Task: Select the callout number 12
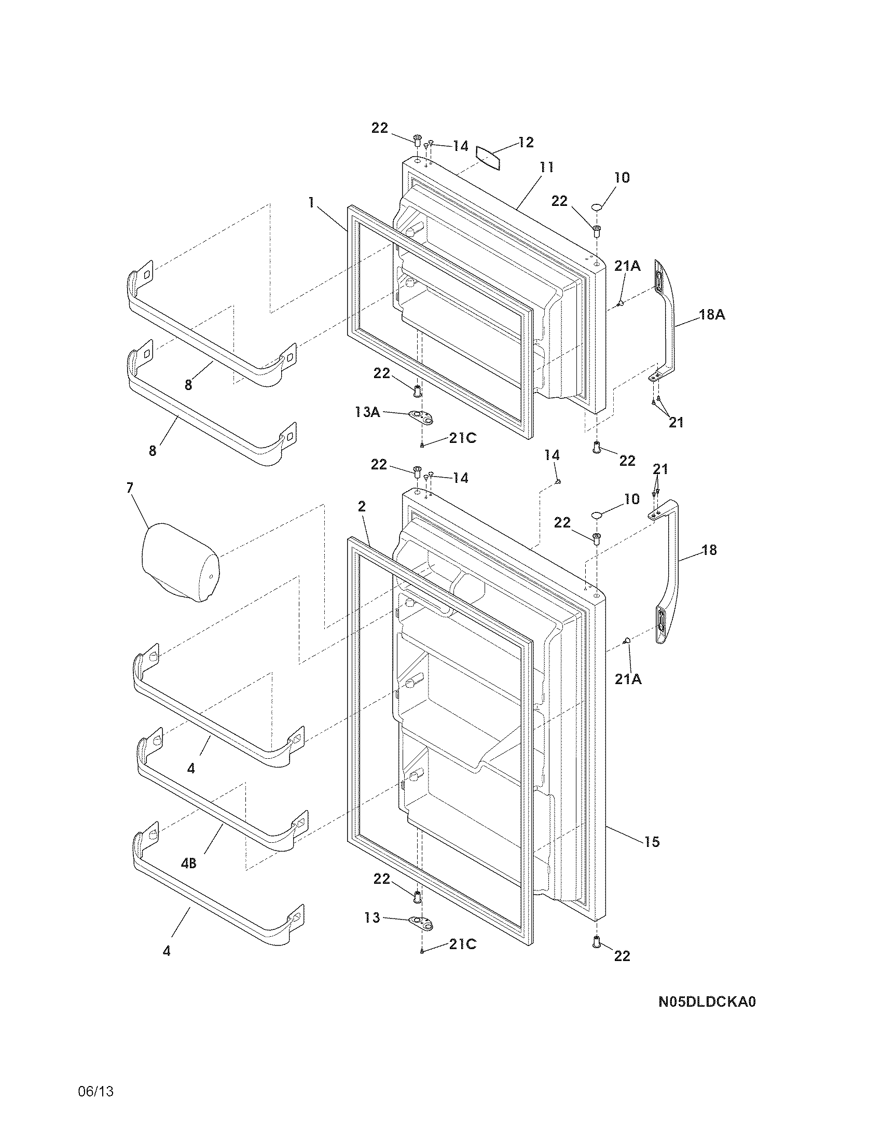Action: pos(526,142)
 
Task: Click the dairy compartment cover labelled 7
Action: pos(180,562)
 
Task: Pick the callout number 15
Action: pos(652,842)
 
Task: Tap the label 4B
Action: pos(188,864)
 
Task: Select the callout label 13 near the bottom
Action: pos(372,917)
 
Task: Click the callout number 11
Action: pos(546,168)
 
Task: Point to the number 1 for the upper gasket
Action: pos(311,203)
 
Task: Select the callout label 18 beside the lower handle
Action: pos(709,550)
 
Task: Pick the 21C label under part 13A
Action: pos(462,438)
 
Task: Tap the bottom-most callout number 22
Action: pos(622,955)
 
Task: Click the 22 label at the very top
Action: pos(380,128)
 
